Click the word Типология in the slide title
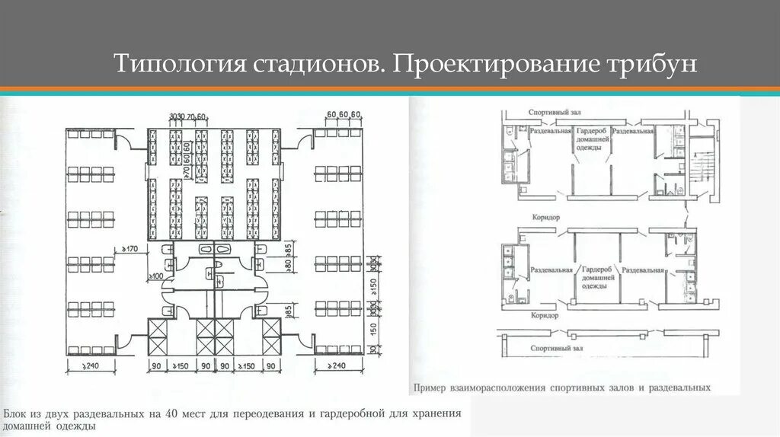point(176,63)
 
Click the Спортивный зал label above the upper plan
point(550,113)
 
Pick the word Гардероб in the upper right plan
point(592,131)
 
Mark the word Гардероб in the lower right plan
point(596,270)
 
